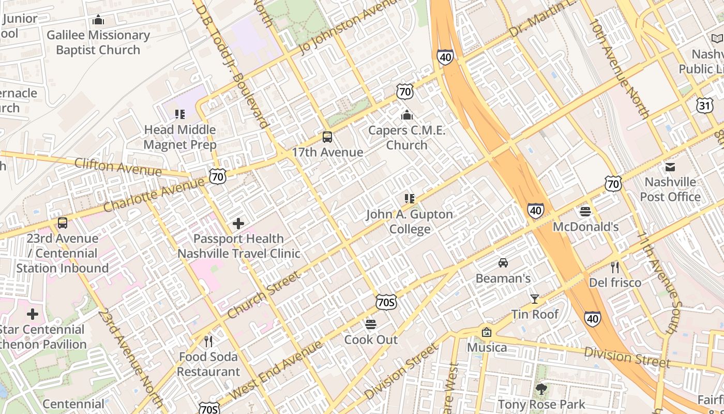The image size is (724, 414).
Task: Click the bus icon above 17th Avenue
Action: click(327, 137)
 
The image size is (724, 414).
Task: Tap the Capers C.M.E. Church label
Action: click(406, 138)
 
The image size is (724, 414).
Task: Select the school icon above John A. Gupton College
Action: click(409, 199)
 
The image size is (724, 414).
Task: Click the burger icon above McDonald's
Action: click(585, 211)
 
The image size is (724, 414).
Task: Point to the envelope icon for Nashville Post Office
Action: click(670, 167)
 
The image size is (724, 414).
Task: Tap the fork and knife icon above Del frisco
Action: click(614, 267)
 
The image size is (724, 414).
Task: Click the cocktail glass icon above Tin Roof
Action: click(535, 299)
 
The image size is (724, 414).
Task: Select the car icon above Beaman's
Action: click(503, 263)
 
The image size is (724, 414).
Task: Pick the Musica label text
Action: click(487, 347)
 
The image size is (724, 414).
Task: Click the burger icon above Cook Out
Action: click(371, 324)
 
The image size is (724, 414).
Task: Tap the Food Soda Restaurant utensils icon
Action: click(208, 342)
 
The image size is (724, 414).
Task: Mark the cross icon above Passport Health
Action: click(238, 224)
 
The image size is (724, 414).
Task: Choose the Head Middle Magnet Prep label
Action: click(179, 137)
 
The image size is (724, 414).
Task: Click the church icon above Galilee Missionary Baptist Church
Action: click(98, 20)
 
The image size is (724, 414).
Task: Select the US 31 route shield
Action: click(704, 106)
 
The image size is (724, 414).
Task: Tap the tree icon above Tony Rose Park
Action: click(541, 389)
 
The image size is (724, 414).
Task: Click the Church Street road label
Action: click(264, 295)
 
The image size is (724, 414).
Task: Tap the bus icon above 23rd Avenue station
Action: click(63, 223)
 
